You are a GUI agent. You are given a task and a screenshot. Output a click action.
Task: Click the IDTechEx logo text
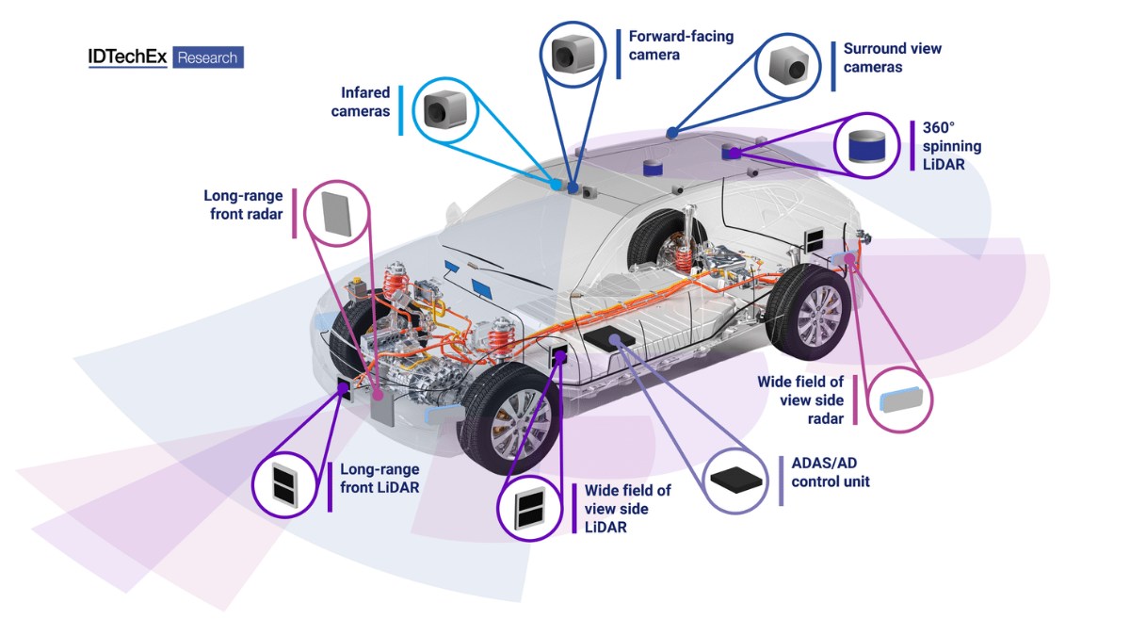tap(127, 57)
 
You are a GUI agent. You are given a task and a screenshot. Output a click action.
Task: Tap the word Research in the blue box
tap(208, 57)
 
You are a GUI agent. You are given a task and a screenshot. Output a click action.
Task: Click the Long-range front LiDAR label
tap(379, 478)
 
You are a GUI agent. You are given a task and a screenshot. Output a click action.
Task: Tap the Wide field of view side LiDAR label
tap(628, 509)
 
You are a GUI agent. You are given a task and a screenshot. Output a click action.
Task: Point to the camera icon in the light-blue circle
tap(439, 110)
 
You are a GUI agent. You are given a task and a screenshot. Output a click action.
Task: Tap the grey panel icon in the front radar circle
tap(337, 213)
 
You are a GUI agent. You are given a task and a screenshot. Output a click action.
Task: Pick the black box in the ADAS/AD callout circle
tap(734, 479)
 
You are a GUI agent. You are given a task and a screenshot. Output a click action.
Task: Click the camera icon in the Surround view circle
tap(789, 65)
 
